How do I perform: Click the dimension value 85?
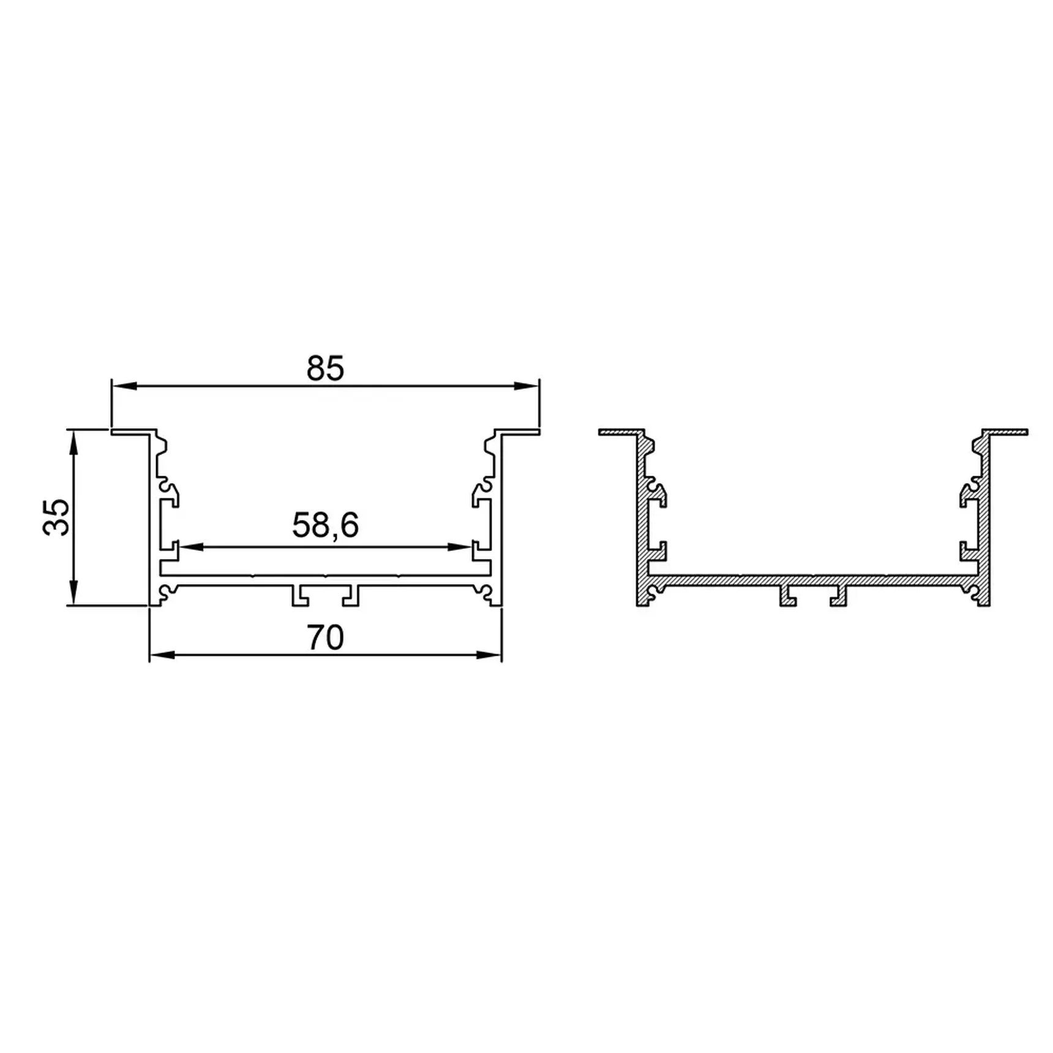[x=325, y=369]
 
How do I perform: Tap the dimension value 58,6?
[x=325, y=525]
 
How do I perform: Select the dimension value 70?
[x=325, y=638]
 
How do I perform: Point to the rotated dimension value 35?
[x=57, y=517]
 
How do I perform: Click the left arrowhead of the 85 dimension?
[x=124, y=386]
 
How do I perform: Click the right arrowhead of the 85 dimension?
[x=526, y=386]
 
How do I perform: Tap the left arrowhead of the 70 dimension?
[x=162, y=655]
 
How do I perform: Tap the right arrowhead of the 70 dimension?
[x=489, y=655]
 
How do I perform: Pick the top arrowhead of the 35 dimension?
[x=73, y=442]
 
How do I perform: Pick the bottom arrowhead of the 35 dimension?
[x=73, y=593]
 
